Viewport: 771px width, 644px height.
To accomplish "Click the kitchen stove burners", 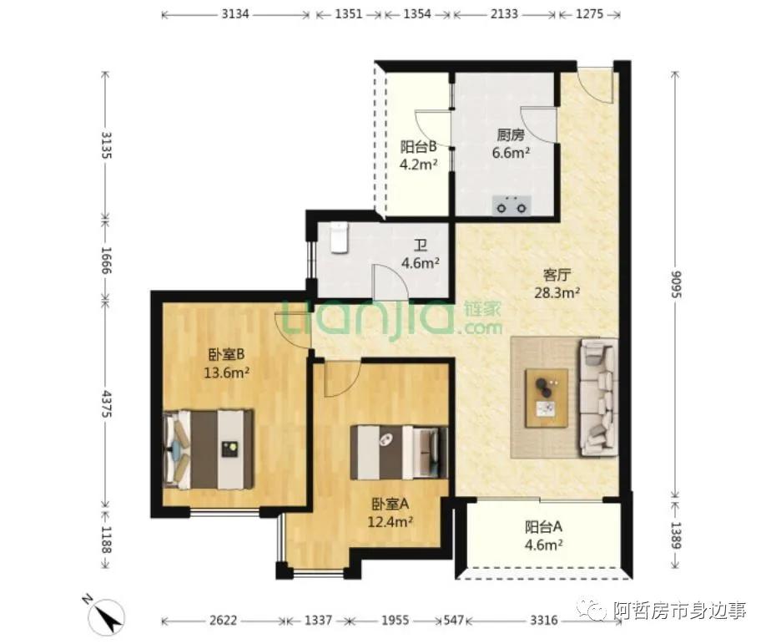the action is tap(511, 205).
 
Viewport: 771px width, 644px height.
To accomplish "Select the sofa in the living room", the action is tap(599, 397).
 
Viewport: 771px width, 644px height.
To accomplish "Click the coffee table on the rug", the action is tap(547, 398).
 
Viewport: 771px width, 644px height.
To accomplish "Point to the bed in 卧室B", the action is tap(209, 449).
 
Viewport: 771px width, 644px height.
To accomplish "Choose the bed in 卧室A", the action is tap(399, 453).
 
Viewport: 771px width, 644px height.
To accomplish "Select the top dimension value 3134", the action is tap(235, 14).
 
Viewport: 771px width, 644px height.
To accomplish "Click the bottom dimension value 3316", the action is tap(543, 620).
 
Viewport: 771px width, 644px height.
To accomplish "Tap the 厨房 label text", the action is tap(511, 135).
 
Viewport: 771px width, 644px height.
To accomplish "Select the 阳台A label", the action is tap(543, 527).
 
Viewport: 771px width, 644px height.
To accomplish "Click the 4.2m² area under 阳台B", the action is tap(418, 165).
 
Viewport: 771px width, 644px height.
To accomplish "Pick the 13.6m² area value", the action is tap(227, 373).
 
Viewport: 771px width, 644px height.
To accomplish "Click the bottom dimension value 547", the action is tap(453, 620).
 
